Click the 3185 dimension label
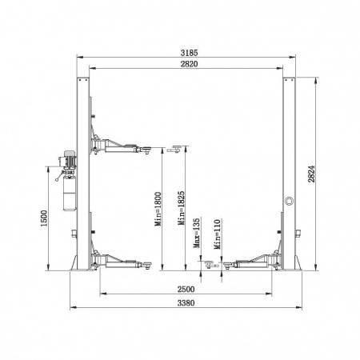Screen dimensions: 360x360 [x=189, y=53]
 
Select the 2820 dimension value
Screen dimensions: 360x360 [x=189, y=64]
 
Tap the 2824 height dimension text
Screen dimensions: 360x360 [x=311, y=174]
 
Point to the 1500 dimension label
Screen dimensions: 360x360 [x=43, y=218]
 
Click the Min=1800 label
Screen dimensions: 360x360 [x=158, y=209]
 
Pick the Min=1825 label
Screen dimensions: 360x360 [x=181, y=208]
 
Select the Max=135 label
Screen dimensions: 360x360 [x=196, y=233]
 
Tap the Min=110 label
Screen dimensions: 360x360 [x=218, y=234]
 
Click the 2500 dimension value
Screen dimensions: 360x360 [x=186, y=289]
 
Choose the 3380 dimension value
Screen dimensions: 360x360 [x=186, y=303]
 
